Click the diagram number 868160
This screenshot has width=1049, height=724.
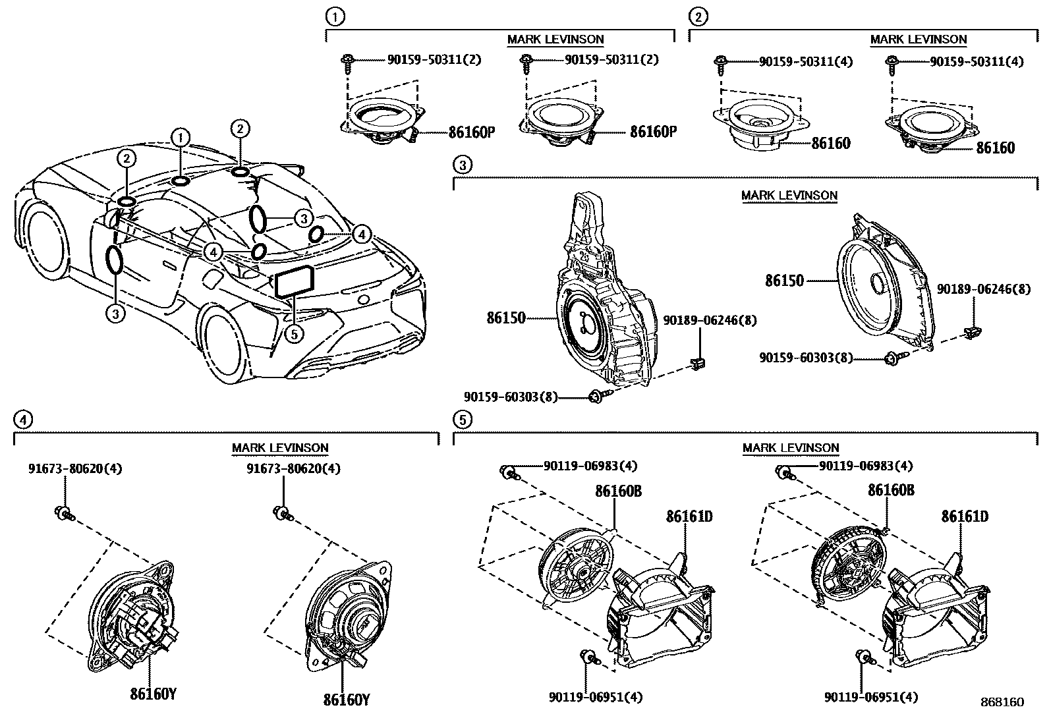[1002, 702]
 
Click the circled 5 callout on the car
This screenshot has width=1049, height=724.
[294, 334]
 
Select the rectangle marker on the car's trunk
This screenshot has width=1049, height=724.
[295, 283]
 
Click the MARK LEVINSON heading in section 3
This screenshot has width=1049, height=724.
[789, 196]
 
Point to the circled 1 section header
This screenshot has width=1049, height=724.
[335, 16]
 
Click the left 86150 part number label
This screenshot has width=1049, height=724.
[506, 318]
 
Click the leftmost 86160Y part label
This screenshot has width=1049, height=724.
[154, 694]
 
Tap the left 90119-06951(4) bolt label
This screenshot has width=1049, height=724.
[595, 697]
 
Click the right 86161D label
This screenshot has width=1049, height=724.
[965, 516]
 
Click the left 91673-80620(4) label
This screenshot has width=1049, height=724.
[75, 469]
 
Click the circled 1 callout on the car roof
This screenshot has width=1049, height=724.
[179, 138]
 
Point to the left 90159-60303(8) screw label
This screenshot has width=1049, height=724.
[510, 397]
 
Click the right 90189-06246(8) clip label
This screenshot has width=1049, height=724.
[984, 289]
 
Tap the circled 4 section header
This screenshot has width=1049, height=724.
[22, 419]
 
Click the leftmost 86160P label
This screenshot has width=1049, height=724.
[471, 132]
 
